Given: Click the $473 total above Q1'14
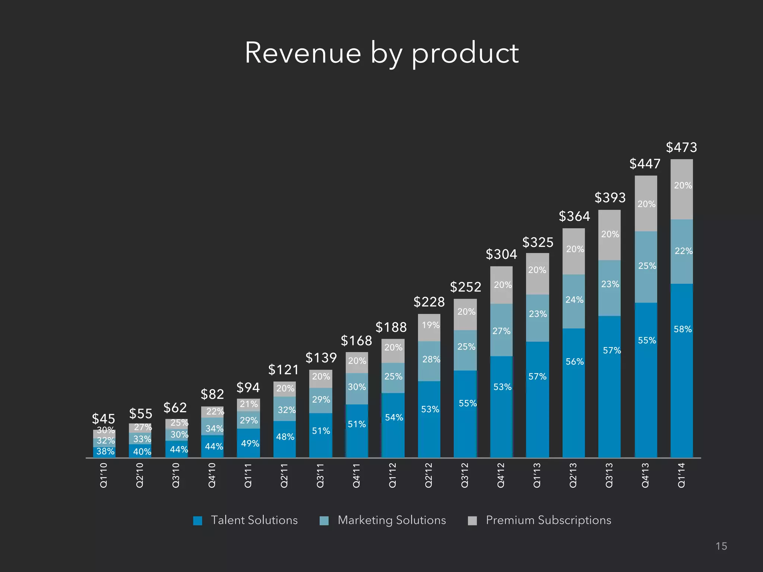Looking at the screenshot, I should pos(681,147).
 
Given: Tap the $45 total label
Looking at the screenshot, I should pos(104,419).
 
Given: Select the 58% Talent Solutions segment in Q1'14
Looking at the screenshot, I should pos(682,329).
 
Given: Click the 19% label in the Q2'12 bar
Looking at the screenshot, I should pos(430,325).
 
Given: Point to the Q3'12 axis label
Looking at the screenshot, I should pos(465,475).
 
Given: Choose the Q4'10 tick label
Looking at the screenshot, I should pos(212,475).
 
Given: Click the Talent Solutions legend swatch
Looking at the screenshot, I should pos(198,521).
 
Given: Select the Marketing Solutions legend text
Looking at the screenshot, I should pos(392,520).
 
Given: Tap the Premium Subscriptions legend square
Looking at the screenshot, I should pos(472,521).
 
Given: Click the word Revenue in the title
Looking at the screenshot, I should pos(303,53).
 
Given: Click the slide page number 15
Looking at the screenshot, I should pos(721,546).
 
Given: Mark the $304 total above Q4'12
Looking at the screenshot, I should pos(501,254).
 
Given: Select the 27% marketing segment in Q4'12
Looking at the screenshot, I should pos(501,331).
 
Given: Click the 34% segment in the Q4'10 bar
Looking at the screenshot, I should pos(214,429).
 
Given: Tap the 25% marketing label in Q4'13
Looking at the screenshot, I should pos(647,266).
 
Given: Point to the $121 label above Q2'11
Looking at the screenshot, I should pos(284,370).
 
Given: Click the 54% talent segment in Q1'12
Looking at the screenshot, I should pos(393,417).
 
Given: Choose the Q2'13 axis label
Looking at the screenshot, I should pos(573,475).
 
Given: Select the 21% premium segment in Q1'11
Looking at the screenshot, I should pos(248,404).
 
